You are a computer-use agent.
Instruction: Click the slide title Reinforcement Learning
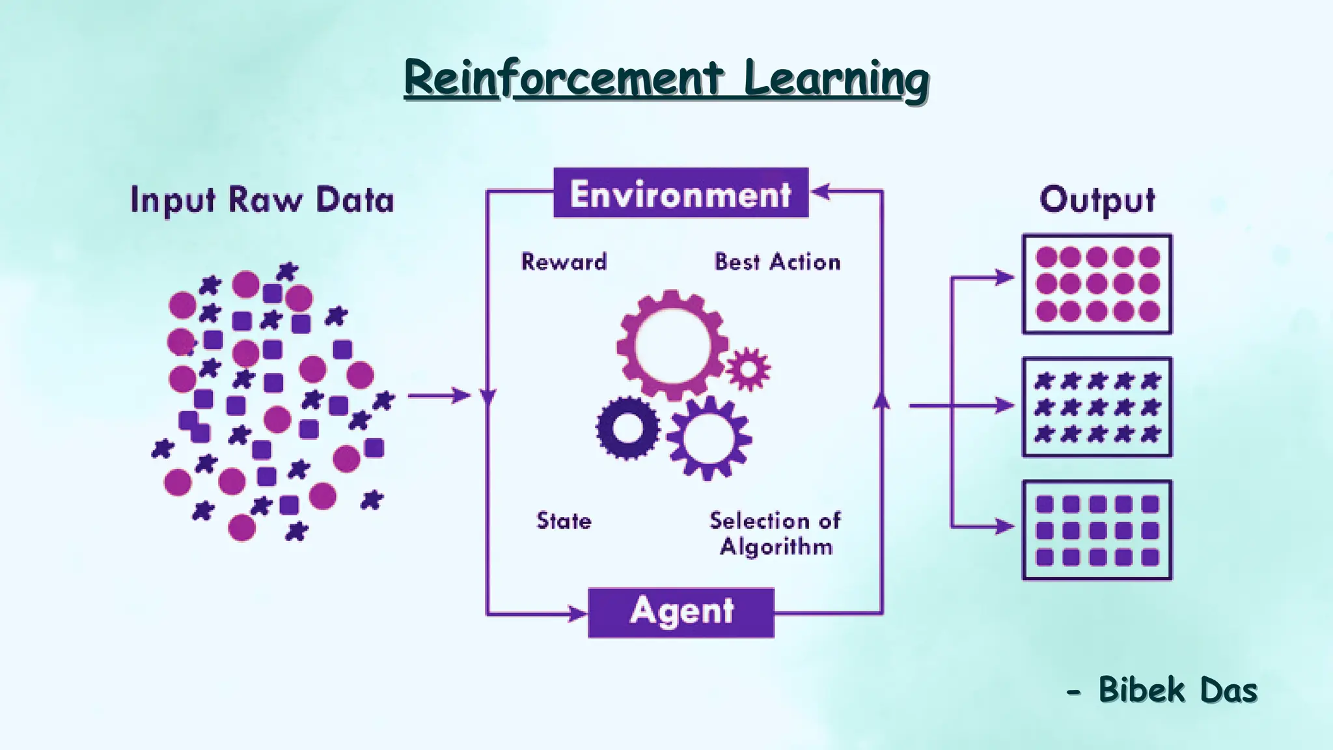tap(666, 79)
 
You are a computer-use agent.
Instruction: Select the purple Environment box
tap(681, 193)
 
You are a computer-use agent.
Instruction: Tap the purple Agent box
tap(681, 613)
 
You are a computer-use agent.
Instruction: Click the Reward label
tap(564, 262)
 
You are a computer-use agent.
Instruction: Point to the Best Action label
tap(777, 262)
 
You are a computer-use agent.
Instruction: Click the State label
tap(564, 521)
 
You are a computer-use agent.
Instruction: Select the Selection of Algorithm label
tap(775, 533)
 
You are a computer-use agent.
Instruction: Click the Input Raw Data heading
tap(262, 200)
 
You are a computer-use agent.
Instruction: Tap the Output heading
tap(1097, 200)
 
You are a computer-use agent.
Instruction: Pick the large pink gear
tap(672, 345)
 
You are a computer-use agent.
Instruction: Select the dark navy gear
tap(628, 428)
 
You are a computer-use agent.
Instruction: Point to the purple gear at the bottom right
tap(709, 438)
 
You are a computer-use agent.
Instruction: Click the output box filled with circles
tap(1097, 284)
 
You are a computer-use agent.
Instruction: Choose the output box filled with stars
tap(1097, 407)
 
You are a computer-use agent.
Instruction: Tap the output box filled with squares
tap(1097, 530)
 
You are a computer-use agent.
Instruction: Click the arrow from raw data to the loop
tap(439, 395)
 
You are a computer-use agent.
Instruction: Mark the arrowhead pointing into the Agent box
tap(578, 613)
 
